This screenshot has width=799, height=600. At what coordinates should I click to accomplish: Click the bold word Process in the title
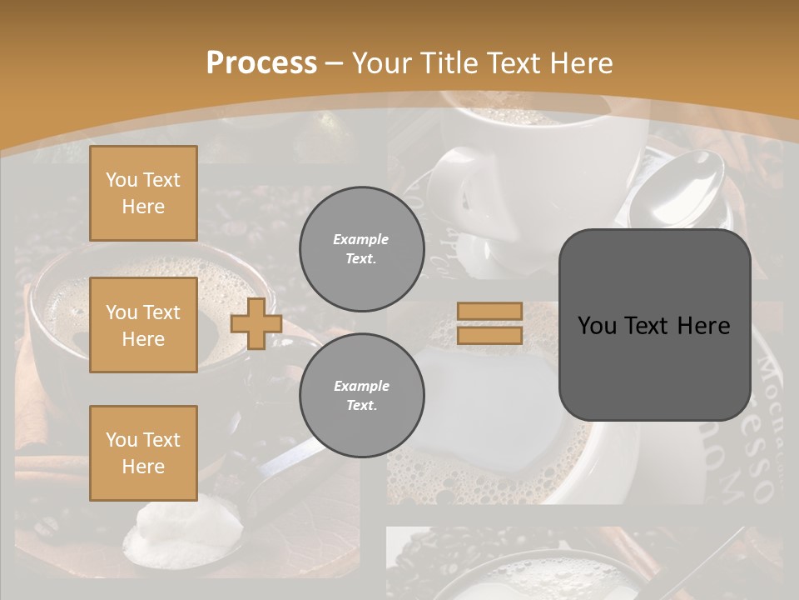point(261,63)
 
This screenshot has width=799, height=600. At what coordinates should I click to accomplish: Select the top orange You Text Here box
point(143,193)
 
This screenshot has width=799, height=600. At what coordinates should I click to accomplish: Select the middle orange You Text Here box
point(143,325)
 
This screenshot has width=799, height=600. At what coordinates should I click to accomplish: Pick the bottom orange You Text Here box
point(143,452)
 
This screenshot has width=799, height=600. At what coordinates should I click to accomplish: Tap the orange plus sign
point(256,323)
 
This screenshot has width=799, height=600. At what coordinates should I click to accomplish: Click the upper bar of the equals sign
point(489,311)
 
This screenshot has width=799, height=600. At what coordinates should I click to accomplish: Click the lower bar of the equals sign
point(489,335)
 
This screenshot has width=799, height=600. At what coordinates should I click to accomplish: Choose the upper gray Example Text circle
point(361,248)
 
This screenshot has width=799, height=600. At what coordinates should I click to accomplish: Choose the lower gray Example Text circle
point(361,395)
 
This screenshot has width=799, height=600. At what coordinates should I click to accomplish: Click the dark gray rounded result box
point(654,325)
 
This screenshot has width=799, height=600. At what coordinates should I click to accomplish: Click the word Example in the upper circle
point(361,239)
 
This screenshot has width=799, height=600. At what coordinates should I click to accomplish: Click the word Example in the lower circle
point(361,386)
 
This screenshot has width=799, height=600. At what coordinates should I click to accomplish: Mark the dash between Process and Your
point(335,63)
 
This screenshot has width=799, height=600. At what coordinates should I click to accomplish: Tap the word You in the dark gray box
point(597,326)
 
